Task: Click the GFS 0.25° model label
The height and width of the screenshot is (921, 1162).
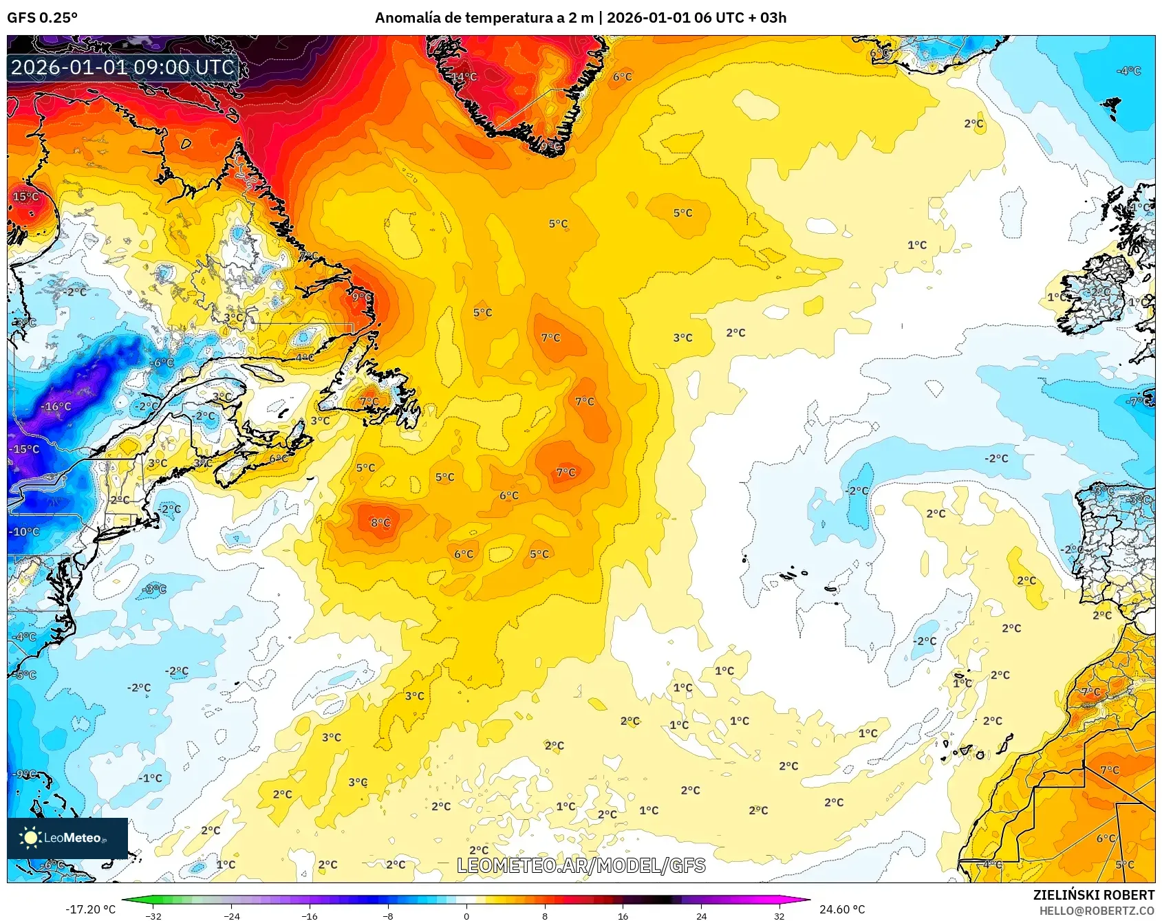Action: (x=42, y=17)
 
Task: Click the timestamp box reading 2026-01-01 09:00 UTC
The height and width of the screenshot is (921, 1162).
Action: (x=122, y=67)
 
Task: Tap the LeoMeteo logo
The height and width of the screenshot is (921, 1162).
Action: (x=67, y=838)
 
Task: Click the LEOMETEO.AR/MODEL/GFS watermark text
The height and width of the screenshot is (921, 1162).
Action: (x=581, y=865)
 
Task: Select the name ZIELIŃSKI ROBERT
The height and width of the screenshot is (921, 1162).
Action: (x=1093, y=895)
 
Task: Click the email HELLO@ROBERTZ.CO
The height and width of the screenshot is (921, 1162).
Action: (x=1097, y=911)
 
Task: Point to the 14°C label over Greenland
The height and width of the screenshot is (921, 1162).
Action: (x=464, y=76)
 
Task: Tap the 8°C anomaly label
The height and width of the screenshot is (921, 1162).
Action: (x=380, y=523)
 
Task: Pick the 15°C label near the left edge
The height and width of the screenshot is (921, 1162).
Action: (x=25, y=197)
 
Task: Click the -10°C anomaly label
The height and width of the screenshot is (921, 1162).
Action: (x=24, y=532)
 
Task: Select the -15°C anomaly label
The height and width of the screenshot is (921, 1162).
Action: (x=24, y=449)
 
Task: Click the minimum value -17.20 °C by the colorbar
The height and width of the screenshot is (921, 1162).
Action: (x=90, y=909)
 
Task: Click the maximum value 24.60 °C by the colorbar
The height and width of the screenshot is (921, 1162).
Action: (x=842, y=909)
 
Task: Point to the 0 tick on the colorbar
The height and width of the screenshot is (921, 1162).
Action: (x=466, y=915)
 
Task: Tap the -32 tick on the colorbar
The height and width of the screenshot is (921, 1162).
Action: (x=153, y=915)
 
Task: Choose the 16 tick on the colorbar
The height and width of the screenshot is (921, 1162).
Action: (x=623, y=915)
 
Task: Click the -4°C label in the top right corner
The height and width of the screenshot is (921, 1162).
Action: (x=1128, y=71)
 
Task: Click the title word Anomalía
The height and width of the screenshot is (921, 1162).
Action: (x=407, y=17)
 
